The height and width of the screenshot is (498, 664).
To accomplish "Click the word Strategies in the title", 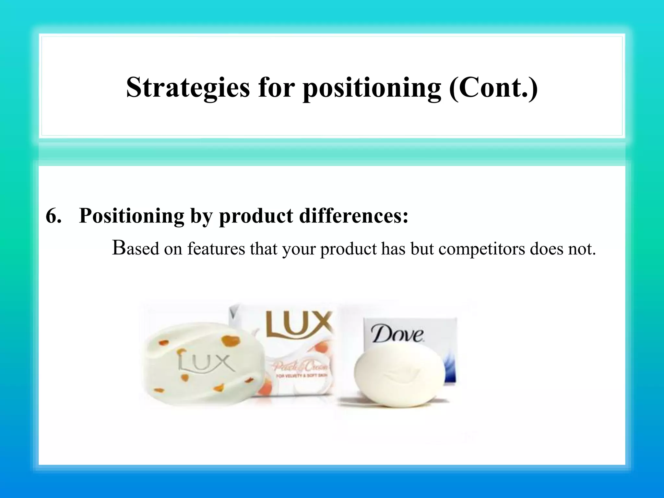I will (x=188, y=88).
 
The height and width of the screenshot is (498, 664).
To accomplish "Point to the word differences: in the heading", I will (x=354, y=216).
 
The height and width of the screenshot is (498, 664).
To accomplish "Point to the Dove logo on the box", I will (x=397, y=334).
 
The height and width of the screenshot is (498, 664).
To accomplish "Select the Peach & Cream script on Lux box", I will (x=300, y=367).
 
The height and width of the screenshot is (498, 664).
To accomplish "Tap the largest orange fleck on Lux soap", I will (x=231, y=341).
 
